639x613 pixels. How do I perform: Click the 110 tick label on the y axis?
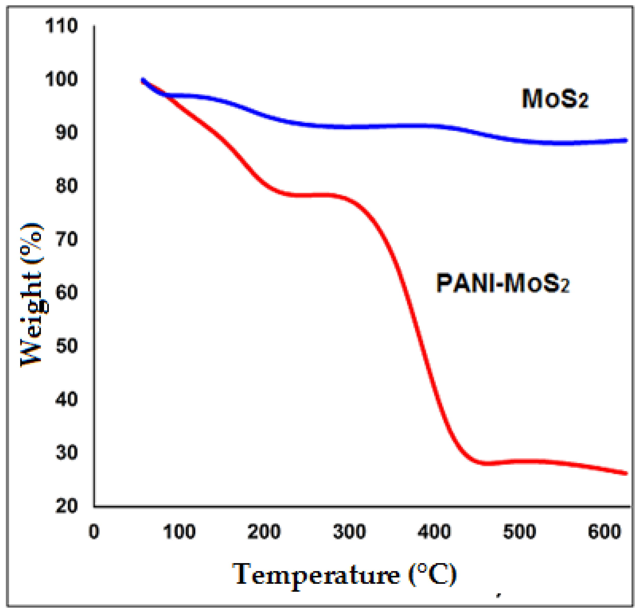click(61, 26)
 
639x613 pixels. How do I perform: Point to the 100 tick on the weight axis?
click(61, 79)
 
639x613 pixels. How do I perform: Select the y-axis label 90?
click(66, 132)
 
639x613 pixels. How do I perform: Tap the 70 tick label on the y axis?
click(66, 239)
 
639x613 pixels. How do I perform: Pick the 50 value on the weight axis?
click(66, 346)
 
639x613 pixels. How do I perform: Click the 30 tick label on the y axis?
click(66, 453)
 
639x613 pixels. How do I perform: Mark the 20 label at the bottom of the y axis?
click(66, 506)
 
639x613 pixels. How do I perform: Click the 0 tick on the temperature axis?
click(94, 532)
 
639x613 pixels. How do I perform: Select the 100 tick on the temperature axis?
click(179, 532)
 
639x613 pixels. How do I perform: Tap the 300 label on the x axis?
click(349, 532)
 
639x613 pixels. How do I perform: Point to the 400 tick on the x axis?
click(434, 532)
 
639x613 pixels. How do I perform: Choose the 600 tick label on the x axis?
click(604, 532)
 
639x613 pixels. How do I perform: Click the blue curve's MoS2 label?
click(555, 99)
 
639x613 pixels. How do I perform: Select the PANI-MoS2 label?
click(502, 283)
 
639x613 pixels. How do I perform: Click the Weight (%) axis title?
click(32, 295)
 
